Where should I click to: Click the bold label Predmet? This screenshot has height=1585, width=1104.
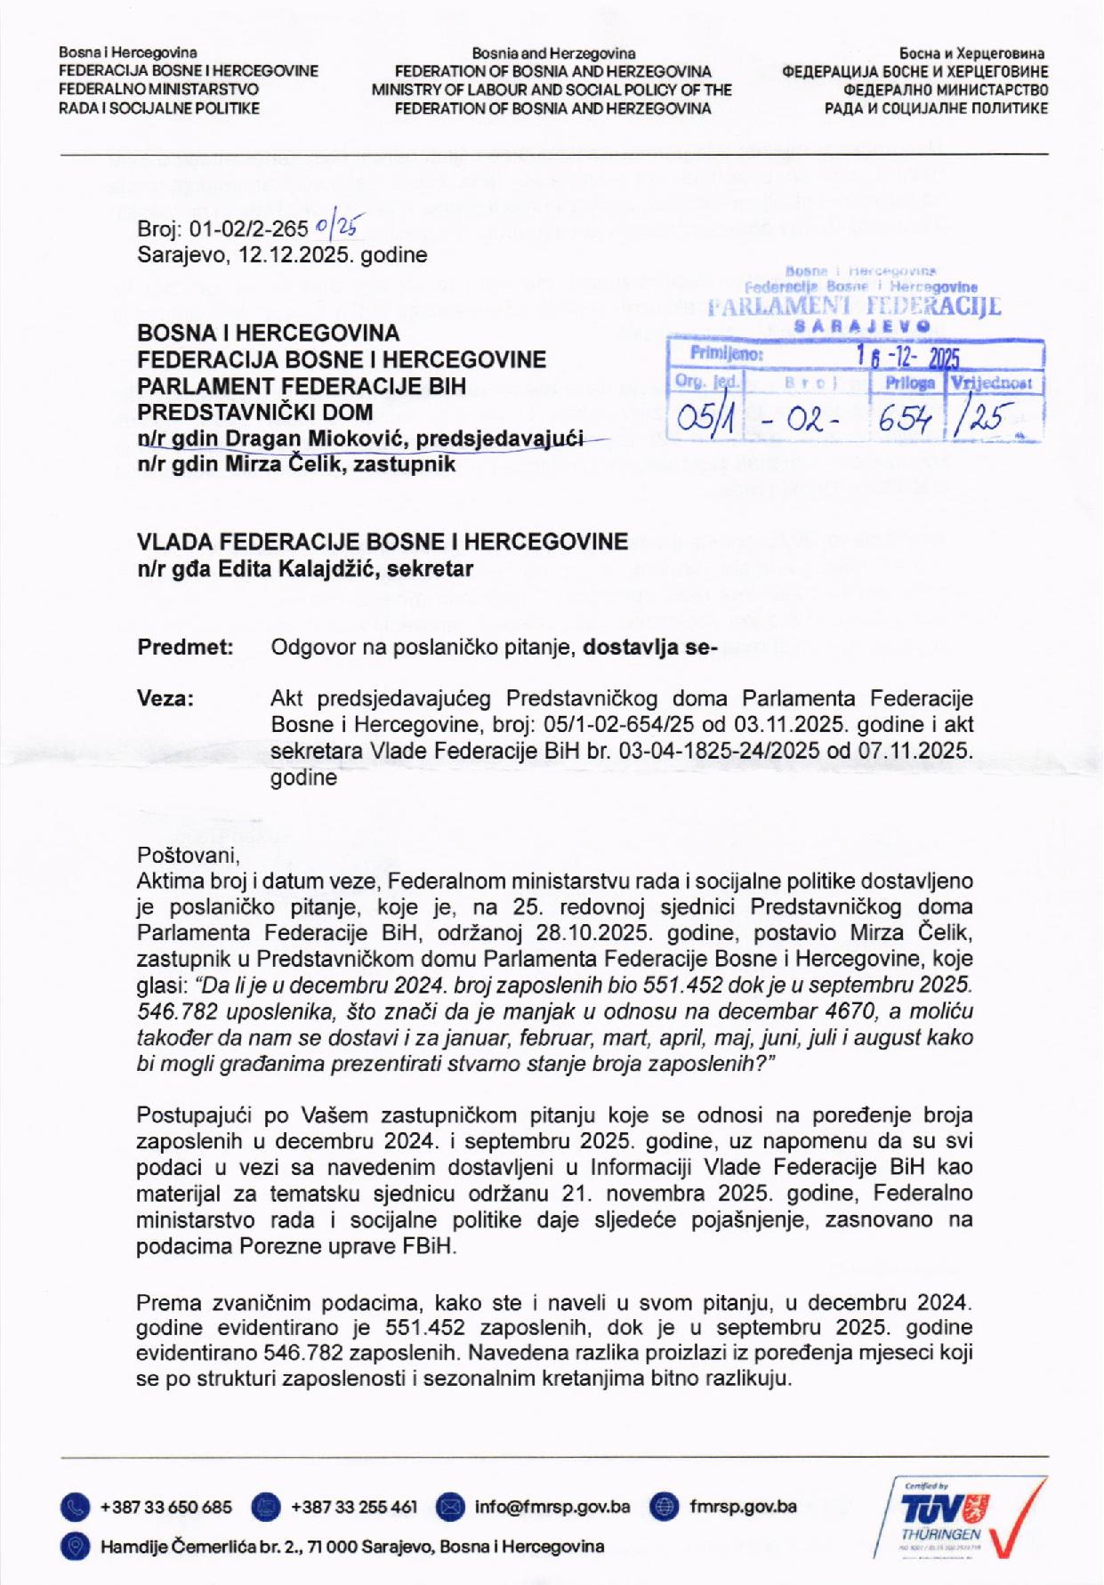click(x=185, y=648)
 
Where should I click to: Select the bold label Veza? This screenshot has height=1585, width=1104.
click(x=165, y=698)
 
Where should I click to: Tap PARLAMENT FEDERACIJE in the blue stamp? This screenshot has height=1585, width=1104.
click(x=854, y=309)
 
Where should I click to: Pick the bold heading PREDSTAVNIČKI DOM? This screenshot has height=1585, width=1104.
click(x=255, y=412)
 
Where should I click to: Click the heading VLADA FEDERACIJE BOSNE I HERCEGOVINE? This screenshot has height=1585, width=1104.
click(x=382, y=541)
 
